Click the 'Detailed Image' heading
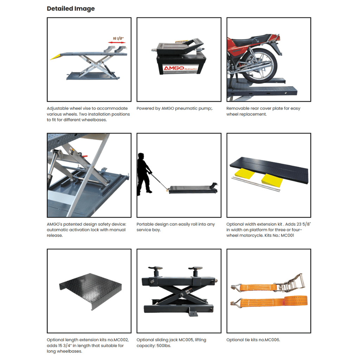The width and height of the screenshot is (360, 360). pos(71,9)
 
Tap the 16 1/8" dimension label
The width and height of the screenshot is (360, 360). pos(118,38)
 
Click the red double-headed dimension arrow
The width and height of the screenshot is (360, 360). pos(117,43)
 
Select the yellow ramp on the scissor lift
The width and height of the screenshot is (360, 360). pos(55,57)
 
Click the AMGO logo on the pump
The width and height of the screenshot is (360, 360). pos(174,68)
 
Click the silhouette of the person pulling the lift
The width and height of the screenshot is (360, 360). pos(143,174)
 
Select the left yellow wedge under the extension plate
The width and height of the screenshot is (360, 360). pos(244,173)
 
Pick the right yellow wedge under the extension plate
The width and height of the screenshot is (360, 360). pos(272,180)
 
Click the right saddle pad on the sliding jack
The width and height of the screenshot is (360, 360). pos(195,269)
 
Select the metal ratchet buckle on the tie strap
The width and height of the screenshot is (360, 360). pos(291,283)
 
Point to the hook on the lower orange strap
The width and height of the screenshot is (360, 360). pos(236,303)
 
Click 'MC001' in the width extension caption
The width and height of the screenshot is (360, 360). pos(288,235)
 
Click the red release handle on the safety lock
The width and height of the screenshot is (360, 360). pos(84,156)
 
